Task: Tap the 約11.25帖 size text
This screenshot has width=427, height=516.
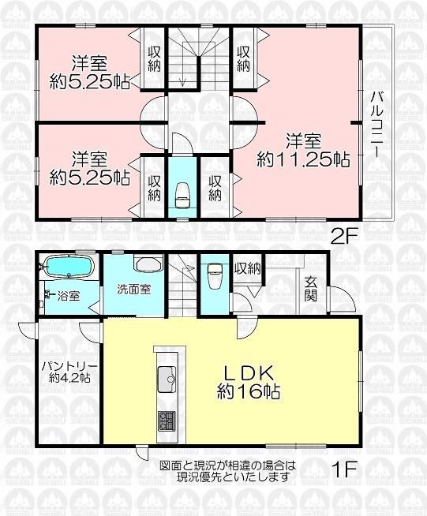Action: [303, 160]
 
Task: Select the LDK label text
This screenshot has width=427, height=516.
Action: [249, 374]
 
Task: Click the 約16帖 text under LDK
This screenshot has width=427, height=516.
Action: [249, 391]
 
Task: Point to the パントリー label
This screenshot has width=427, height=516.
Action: [69, 367]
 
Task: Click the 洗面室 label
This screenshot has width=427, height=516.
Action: [134, 290]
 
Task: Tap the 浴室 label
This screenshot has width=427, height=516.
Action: [68, 296]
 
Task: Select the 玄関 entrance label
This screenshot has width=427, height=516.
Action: [310, 290]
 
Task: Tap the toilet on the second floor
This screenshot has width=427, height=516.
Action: [182, 195]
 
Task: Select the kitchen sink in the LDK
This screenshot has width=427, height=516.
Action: [167, 379]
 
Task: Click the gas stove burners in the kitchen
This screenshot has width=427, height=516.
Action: [167, 421]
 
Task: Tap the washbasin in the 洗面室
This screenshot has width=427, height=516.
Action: [148, 263]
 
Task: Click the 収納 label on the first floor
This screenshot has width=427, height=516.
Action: [248, 269]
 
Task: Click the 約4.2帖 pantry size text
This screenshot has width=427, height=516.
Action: [69, 377]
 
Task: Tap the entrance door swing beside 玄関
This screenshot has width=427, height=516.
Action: [344, 299]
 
